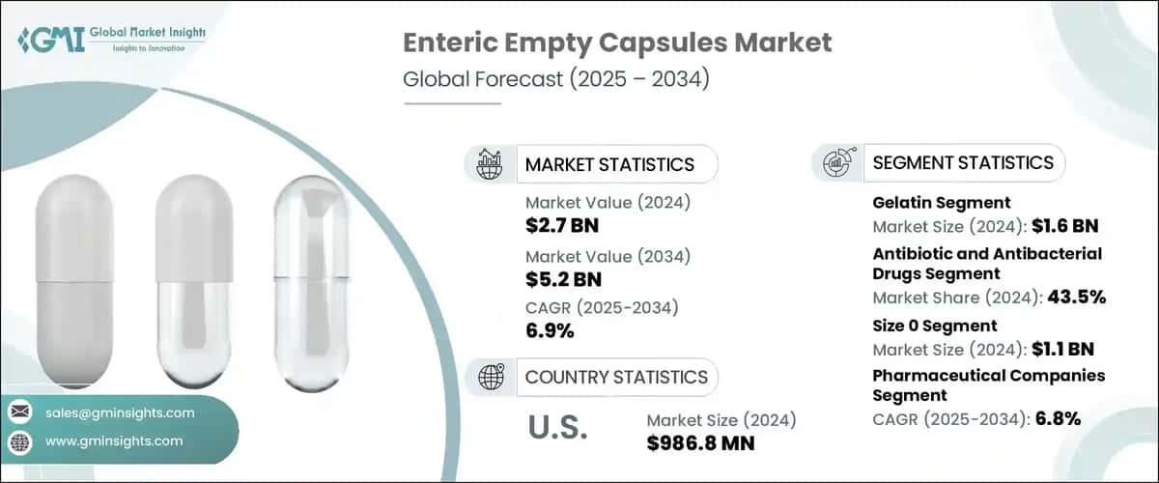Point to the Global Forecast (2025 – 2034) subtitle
556,79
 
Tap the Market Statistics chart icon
490,164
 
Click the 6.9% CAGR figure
551,331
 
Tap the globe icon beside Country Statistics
490,377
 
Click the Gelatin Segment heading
942,203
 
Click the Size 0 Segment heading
935,326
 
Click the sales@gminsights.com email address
120,412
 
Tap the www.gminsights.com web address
114,441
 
